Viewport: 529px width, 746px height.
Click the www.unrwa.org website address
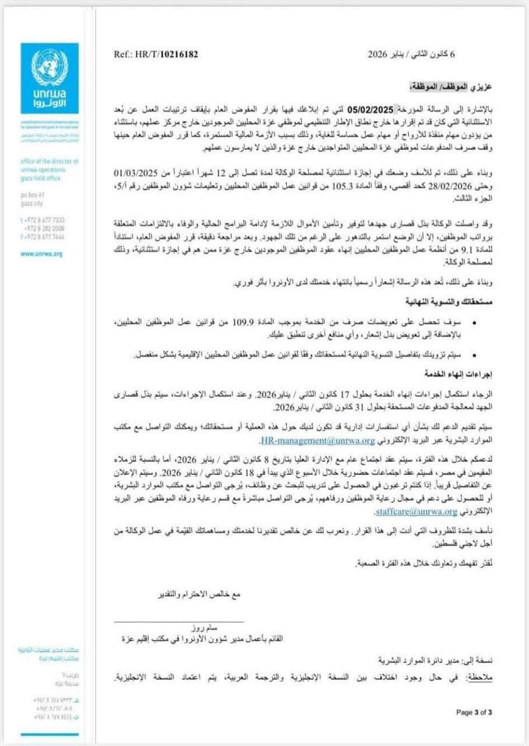(41, 254)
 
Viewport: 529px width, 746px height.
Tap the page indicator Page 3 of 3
(474, 712)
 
